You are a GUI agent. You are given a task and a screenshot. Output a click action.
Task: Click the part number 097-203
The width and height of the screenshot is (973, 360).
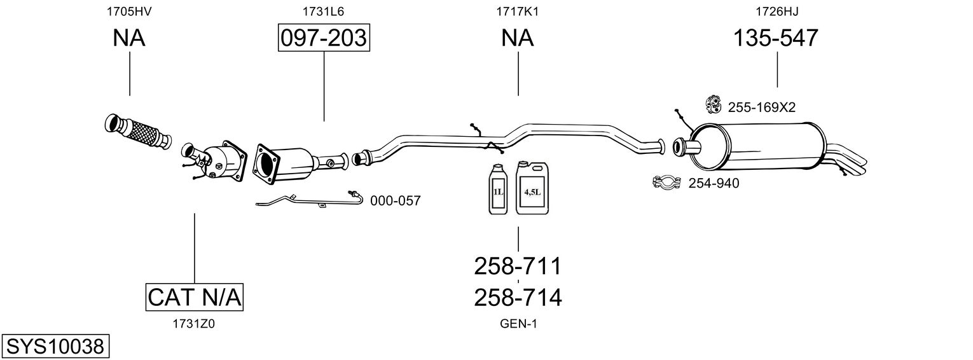point(324,39)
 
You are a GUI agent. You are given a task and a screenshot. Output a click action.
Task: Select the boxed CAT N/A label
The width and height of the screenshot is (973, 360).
point(195,297)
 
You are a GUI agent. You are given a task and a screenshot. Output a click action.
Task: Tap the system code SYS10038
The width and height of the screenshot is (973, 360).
point(55,347)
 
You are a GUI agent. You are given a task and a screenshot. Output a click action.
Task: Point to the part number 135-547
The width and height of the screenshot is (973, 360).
point(776,39)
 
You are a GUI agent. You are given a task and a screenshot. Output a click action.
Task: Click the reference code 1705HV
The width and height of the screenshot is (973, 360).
point(129,11)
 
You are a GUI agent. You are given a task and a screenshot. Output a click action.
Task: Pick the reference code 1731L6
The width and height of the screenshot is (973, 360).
point(324,11)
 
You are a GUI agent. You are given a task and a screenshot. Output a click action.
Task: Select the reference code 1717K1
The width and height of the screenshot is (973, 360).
point(518,11)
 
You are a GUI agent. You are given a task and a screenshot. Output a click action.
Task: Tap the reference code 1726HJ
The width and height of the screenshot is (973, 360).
point(776,11)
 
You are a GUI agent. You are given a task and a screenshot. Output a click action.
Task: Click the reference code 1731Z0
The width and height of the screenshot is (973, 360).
point(194,324)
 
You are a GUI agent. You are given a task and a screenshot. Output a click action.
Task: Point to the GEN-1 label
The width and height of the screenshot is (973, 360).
point(518,324)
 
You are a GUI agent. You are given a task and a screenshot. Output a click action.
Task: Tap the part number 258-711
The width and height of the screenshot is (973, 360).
point(518,267)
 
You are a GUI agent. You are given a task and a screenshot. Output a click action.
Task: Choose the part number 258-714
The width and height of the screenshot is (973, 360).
point(518,297)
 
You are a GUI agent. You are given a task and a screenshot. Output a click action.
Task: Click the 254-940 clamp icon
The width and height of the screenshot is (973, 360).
point(666,183)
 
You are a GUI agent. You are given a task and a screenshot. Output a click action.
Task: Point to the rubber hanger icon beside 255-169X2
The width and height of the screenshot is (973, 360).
point(714,104)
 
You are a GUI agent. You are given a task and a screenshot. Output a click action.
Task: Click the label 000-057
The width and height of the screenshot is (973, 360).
point(395,201)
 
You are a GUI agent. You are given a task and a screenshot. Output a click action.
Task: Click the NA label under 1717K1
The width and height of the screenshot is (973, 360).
point(518,39)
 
